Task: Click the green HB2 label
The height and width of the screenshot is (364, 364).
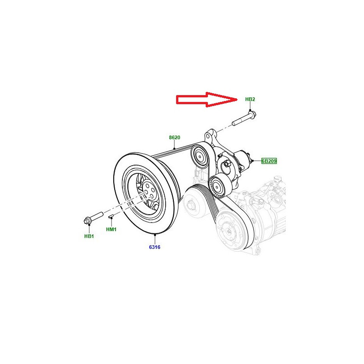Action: point(250,99)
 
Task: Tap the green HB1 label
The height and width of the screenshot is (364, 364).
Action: point(89,236)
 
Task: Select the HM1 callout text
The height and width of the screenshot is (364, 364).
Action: point(111,229)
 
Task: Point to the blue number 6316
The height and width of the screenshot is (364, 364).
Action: point(155,247)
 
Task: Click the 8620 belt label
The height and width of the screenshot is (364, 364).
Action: point(175,137)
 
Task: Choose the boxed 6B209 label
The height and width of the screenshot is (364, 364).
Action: point(269,161)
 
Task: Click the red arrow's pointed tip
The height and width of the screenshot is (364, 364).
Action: point(237,100)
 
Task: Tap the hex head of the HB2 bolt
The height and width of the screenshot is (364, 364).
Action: point(252,114)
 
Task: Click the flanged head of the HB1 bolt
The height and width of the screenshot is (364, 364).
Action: point(87,221)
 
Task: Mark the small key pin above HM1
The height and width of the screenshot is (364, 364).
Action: point(111,217)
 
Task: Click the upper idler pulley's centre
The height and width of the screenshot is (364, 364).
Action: point(199,156)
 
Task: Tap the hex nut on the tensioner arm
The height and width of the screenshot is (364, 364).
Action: point(227,164)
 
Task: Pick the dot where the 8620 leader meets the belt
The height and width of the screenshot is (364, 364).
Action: point(174,149)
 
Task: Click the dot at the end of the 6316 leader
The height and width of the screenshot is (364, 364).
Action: point(155,235)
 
